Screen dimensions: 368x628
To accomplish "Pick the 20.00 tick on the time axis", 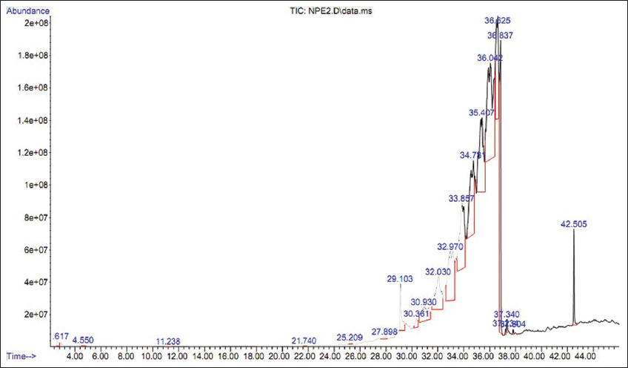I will (279, 356).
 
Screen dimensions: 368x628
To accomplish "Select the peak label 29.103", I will (400, 279).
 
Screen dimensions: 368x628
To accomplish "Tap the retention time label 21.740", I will (304, 341).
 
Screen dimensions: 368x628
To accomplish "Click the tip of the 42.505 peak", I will (574, 231).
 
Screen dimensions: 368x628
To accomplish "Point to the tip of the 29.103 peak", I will (401, 286).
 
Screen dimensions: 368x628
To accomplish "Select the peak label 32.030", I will (438, 272).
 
